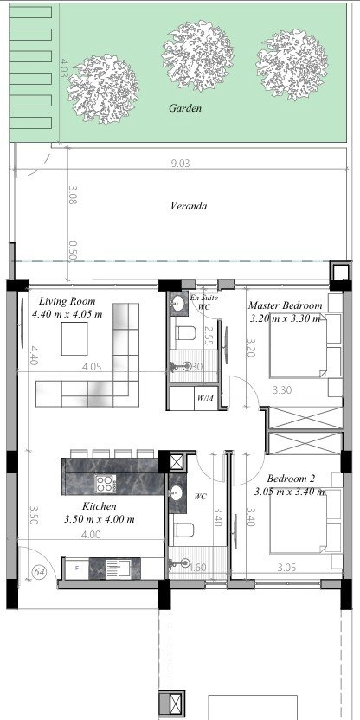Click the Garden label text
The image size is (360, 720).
(x=185, y=109)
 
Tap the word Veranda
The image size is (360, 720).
(x=187, y=207)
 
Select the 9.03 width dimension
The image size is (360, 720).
(x=180, y=162)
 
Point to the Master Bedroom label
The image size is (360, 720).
(x=285, y=306)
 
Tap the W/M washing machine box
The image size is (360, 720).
(x=205, y=398)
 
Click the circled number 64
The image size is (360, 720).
(x=39, y=572)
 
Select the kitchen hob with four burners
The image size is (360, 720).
(x=106, y=484)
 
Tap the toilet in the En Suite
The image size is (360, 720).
(x=184, y=333)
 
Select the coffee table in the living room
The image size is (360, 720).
(x=76, y=340)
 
